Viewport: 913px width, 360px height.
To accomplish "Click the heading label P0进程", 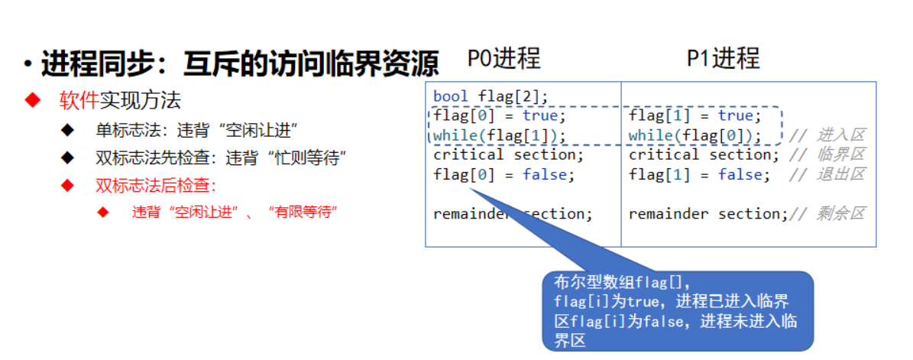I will click(x=504, y=59).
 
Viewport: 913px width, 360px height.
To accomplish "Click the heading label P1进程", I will click(x=722, y=59).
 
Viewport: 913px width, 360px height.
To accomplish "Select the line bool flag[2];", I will click(x=490, y=96).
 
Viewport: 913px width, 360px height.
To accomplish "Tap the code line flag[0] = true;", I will click(x=500, y=115).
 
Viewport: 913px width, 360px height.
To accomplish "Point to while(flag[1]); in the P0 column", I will click(x=500, y=135).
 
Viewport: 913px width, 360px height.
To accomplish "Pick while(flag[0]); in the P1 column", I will click(x=695, y=135).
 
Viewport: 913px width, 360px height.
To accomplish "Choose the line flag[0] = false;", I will click(x=503, y=174).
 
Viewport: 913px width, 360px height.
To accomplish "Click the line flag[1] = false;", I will click(x=695, y=174).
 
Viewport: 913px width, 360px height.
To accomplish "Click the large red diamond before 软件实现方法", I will click(x=31, y=101).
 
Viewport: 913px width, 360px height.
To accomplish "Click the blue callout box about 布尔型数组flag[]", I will click(x=677, y=310).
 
